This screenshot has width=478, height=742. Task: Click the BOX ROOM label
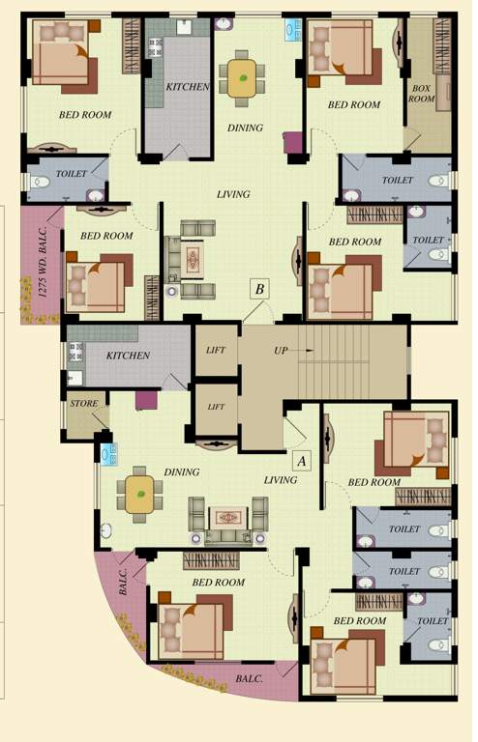[421, 93]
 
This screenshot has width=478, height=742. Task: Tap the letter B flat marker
[258, 288]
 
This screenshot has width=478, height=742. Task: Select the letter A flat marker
[300, 461]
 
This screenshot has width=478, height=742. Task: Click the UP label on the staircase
[281, 349]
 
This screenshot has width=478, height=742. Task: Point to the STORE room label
[83, 403]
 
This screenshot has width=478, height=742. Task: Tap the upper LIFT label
[216, 350]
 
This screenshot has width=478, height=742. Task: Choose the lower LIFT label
[216, 406]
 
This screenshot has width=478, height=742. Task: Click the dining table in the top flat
[242, 76]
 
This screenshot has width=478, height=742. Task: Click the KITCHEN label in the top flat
[187, 87]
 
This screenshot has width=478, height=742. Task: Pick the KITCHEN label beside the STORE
[128, 356]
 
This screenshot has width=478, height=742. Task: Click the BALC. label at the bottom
[249, 679]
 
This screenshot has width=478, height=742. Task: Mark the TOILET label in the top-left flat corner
[73, 174]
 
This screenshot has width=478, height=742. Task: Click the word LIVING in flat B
[233, 194]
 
